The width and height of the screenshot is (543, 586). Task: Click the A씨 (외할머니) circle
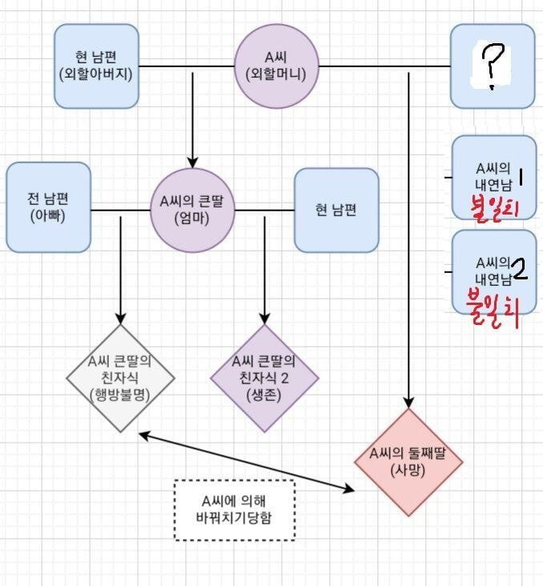pos(276,66)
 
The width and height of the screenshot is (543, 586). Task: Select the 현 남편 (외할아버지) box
pos(96,66)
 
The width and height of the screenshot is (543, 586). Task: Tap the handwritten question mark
pos(493,66)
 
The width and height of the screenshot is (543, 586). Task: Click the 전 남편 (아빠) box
pos(49,207)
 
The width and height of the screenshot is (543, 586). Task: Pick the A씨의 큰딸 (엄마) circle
pos(192,210)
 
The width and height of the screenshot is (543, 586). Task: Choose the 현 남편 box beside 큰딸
pos(336,210)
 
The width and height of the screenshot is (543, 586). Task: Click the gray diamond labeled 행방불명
pos(120,378)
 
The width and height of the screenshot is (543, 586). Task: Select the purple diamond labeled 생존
pos(264,378)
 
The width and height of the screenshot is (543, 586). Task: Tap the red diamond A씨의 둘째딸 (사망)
pos(408,462)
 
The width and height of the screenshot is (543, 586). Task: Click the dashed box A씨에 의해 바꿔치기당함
pos(235,510)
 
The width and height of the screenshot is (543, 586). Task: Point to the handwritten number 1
pos(521,177)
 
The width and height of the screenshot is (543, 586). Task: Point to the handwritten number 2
pos(520,270)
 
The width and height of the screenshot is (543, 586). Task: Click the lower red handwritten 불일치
pos(493,309)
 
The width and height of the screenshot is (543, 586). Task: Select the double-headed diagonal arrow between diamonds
pos(247,461)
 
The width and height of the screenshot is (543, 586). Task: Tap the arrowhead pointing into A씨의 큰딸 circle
pos(192,163)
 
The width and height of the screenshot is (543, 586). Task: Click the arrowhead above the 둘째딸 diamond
pos(408,403)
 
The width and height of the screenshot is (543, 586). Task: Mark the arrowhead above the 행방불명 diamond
pos(120,319)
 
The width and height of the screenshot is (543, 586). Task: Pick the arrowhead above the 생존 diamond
pos(264,319)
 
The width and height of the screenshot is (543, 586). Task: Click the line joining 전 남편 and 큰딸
pos(120,210)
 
